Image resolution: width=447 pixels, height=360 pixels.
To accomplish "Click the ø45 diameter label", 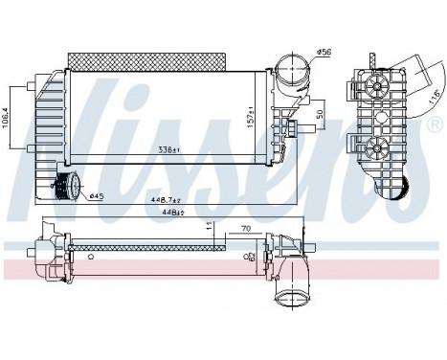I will point(96,197).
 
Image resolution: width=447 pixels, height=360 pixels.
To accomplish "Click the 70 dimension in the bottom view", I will point(245,230).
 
